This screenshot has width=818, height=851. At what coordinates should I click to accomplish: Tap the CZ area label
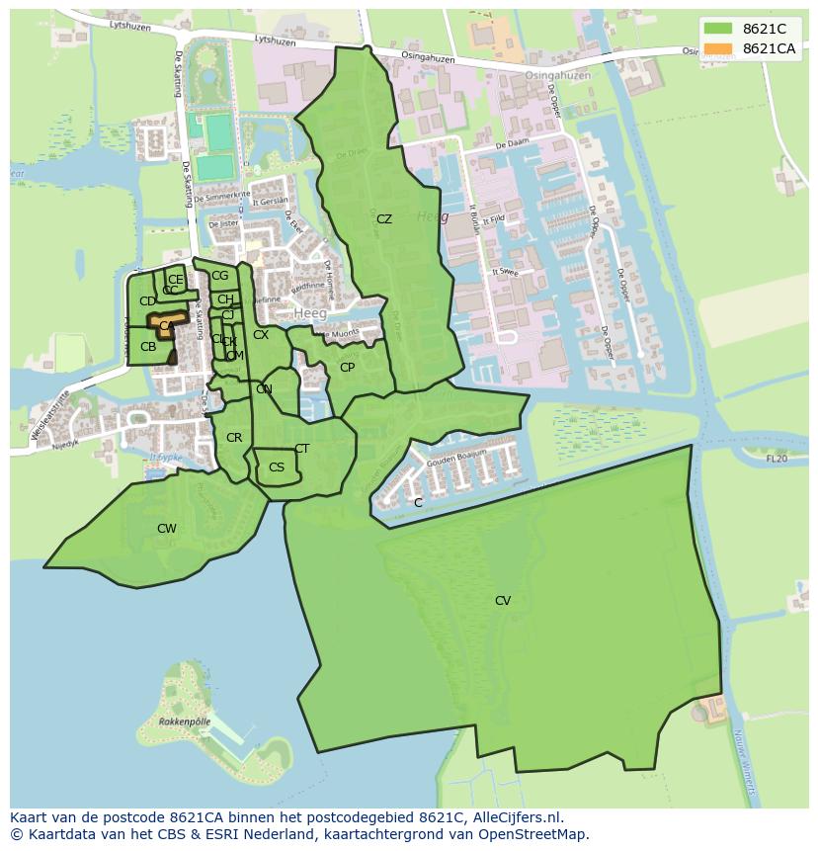click(384, 219)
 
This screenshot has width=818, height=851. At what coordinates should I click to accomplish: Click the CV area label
click(503, 601)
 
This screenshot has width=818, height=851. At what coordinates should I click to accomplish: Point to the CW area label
click(167, 529)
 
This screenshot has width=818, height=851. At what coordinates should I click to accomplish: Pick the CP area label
click(347, 368)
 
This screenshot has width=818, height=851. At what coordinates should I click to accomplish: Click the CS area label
click(277, 468)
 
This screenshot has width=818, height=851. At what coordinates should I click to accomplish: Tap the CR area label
click(234, 438)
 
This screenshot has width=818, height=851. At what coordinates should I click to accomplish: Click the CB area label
click(148, 347)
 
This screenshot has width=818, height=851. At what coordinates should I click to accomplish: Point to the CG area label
click(219, 276)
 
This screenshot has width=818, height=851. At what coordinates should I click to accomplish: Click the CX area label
click(261, 335)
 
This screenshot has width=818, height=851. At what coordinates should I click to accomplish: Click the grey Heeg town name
click(308, 312)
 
